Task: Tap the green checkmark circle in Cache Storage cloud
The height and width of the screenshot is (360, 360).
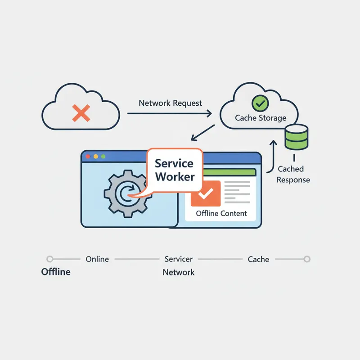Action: [260, 103]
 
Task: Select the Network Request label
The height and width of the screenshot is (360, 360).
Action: [171, 103]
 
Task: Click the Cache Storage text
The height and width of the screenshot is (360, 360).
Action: [261, 118]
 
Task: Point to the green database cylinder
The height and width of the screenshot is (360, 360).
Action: [297, 137]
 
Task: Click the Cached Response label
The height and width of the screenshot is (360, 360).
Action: [293, 175]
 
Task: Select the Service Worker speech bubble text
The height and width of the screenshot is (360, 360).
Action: [174, 170]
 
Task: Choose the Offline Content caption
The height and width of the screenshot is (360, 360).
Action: [221, 213]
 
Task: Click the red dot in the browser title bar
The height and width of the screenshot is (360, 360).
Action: [88, 157]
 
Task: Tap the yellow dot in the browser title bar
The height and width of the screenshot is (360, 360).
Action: [95, 157]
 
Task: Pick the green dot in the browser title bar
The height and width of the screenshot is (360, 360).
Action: [103, 157]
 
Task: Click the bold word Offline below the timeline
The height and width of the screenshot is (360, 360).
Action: [56, 272]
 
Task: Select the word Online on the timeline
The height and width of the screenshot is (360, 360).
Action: [97, 259]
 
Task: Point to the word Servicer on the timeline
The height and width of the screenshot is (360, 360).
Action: [179, 259]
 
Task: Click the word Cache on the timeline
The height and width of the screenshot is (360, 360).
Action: [258, 259]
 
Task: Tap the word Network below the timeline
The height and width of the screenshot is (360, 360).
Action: [179, 272]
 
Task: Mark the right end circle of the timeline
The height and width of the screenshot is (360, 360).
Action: [307, 259]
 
